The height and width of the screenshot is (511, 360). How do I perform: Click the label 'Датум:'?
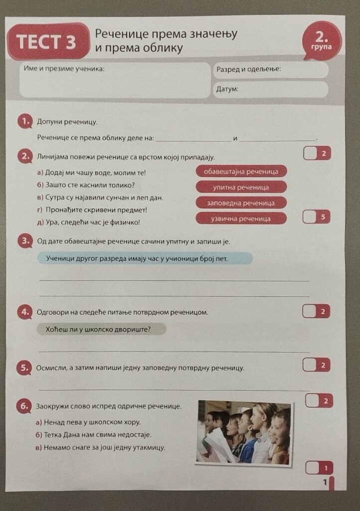point(227,89)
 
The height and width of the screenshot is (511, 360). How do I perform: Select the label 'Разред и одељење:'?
point(249,69)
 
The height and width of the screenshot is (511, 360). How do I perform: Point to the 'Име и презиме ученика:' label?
point(64,68)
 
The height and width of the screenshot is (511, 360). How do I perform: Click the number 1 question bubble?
point(25,122)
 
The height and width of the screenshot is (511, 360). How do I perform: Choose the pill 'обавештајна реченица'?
point(241,172)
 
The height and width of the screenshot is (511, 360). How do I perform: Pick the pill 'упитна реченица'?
point(241,187)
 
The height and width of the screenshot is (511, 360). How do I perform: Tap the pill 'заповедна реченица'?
point(241,203)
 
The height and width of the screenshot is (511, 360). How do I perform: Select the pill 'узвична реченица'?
point(241,219)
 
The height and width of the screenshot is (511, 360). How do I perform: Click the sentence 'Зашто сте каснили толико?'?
point(86,185)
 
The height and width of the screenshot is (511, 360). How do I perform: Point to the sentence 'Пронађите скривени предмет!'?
point(92,210)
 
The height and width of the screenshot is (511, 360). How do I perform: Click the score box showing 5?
point(317,217)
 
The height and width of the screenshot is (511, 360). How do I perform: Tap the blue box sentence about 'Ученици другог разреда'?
point(145,258)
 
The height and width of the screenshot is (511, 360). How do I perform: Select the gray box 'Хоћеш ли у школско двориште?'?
point(101,329)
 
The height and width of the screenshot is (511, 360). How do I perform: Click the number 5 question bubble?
point(24,368)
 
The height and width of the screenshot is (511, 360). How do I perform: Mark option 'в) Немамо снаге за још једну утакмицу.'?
point(100,448)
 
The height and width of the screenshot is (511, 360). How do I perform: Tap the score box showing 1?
point(319,468)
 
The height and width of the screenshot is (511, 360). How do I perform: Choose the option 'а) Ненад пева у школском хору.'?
point(88,422)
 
